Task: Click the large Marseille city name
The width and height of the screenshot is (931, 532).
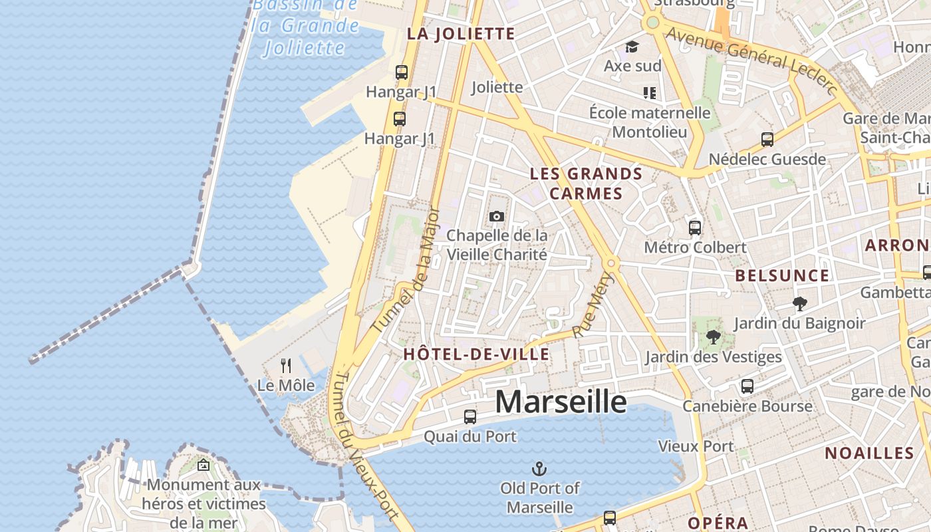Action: point(561,402)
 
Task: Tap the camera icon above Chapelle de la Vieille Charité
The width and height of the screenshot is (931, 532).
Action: point(496,216)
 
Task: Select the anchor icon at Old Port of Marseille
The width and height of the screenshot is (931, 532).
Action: point(539,469)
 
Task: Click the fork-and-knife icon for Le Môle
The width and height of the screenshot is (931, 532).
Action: point(286,365)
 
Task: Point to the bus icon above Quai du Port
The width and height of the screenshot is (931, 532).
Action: point(470,417)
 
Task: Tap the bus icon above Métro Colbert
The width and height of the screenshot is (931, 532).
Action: point(695,227)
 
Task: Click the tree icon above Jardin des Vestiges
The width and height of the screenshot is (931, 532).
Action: point(714,337)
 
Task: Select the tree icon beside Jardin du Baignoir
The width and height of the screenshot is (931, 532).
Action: point(800,304)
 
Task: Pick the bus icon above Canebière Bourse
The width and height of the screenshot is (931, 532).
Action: point(747,386)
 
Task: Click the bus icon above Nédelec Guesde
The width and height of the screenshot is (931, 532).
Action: point(767,140)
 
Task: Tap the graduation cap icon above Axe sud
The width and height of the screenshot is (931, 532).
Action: point(632,47)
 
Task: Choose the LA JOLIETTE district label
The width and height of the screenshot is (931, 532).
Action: point(461,34)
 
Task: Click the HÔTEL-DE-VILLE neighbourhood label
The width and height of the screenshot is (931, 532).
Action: point(476,354)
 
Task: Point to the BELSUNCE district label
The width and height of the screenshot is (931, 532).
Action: point(782,275)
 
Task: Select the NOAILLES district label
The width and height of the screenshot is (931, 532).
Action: point(869,454)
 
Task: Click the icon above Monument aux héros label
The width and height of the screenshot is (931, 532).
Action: point(203,465)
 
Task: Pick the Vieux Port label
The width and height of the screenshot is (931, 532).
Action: point(696,446)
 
